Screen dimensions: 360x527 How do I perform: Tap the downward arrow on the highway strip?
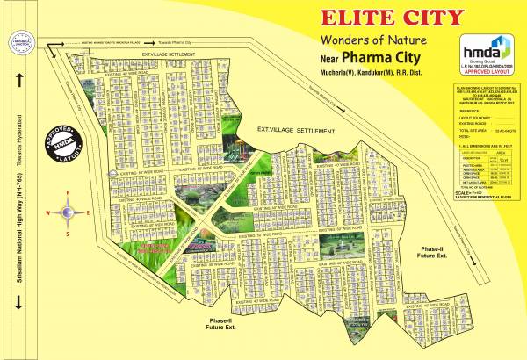point(18,303)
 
